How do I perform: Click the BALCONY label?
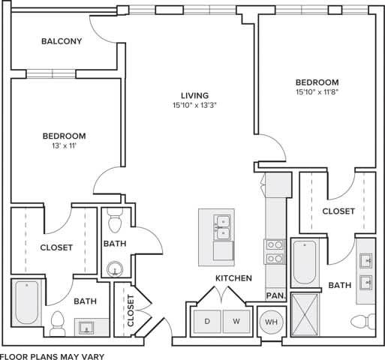click(x=61, y=41)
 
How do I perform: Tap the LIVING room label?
click(x=194, y=95)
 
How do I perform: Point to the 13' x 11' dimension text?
click(x=64, y=146)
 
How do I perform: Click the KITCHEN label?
click(x=233, y=278)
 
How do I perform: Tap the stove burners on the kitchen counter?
click(x=274, y=251)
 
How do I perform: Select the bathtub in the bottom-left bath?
click(x=26, y=302)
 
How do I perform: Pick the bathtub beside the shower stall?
click(x=305, y=262)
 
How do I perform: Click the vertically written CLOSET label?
click(x=131, y=308)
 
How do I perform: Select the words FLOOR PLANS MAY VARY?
click(x=52, y=355)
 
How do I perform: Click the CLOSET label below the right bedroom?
click(x=338, y=211)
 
